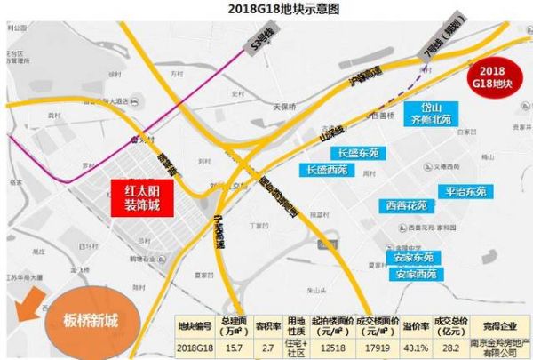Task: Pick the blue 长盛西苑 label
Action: [326, 169]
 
